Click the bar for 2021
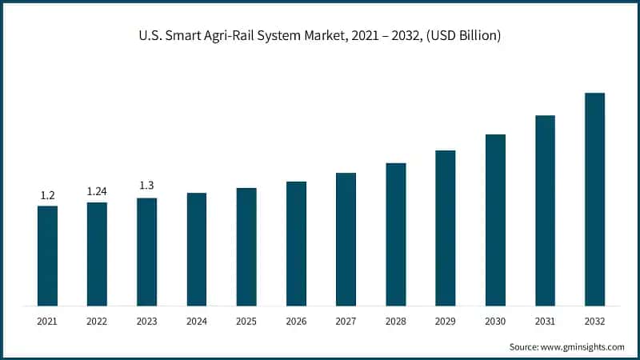coord(47,255)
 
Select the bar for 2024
coord(197,249)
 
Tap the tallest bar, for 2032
coord(594,199)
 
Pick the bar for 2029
coord(445,227)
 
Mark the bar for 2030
coord(495,219)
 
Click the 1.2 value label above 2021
coord(47,194)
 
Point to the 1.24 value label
coord(97,191)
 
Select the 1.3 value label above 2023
coord(147,186)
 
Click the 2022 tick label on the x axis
coord(97,321)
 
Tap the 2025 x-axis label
coord(246,321)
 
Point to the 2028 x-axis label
coord(395,321)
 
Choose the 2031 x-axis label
coord(545,321)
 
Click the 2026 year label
coord(296,321)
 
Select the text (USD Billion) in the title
coord(464,36)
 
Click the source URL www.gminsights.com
coord(584,346)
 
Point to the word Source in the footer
coord(525,346)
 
